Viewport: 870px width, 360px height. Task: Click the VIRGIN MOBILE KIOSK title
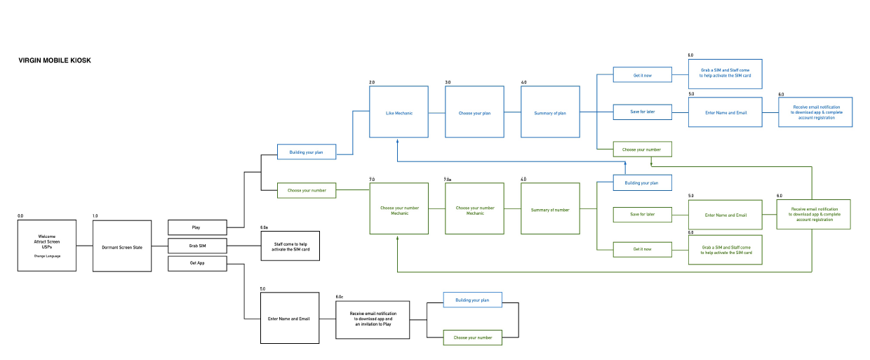55,61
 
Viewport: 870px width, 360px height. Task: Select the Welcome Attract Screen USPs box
47,246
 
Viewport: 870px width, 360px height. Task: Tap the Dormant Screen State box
122,246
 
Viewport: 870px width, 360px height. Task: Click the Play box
197,227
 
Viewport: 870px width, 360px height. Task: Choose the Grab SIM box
197,246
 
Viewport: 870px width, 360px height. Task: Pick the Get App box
197,264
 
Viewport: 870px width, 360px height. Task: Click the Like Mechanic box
399,112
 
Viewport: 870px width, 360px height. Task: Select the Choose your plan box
474,112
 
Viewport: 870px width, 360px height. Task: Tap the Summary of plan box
550,112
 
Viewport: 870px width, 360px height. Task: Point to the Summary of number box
550,209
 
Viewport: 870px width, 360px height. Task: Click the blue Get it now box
642,74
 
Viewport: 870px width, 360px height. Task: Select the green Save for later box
642,214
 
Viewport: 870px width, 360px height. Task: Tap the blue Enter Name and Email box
725,112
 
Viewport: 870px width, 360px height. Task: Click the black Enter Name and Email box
290,319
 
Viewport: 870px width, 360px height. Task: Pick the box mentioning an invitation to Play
373,320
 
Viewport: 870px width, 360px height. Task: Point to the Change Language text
47,256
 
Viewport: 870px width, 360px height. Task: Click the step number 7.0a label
448,180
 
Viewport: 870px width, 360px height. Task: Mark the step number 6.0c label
340,298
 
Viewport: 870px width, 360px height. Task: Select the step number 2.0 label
373,83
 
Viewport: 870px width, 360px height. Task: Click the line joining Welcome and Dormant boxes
84,246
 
